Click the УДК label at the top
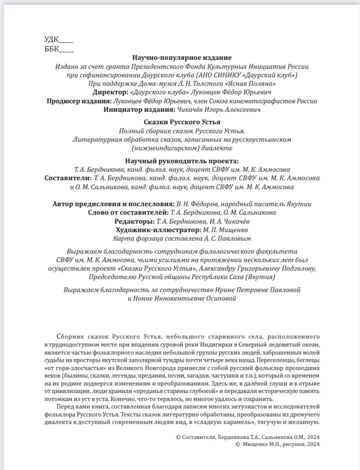click(x=51, y=40)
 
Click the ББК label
click(x=51, y=49)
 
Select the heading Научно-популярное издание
click(x=182, y=58)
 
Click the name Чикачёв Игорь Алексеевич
click(x=218, y=109)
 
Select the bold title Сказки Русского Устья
click(x=182, y=122)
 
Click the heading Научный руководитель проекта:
click(x=182, y=161)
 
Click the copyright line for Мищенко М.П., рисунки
click(x=277, y=444)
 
